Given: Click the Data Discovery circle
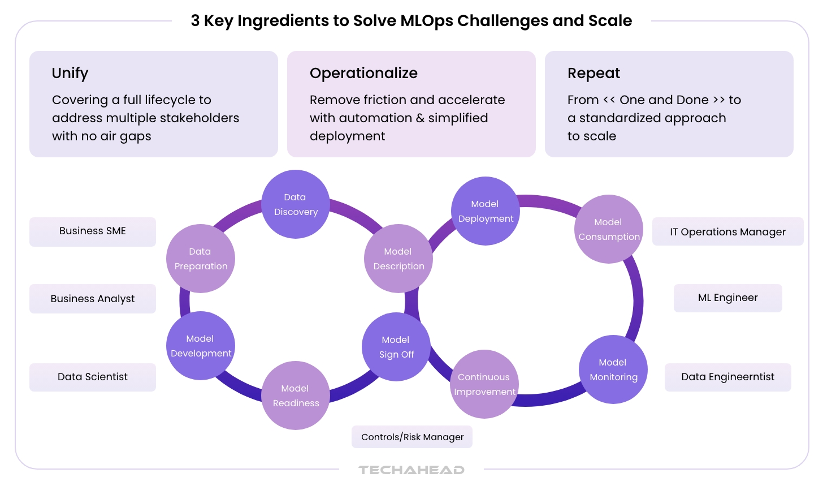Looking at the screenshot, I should click(295, 204).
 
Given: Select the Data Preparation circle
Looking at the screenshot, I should click(201, 259).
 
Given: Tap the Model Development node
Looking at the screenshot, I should click(201, 346).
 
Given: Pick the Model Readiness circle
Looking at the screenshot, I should click(296, 396).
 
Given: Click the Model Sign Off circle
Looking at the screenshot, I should click(396, 347).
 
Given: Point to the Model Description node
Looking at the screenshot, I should click(398, 259).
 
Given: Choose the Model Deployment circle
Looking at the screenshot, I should click(486, 211).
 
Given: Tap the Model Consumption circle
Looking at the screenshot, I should click(609, 229).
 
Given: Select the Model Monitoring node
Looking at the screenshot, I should click(613, 369).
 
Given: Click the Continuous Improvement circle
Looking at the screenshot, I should click(484, 384).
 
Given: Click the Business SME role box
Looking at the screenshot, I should click(93, 231).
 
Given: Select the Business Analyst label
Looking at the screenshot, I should click(93, 299).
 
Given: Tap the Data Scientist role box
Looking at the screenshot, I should click(93, 377).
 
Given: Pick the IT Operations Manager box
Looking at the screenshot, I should click(727, 232).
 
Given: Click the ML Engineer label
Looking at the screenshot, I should click(727, 298).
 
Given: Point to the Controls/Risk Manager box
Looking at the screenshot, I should click(412, 437).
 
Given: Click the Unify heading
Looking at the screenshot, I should click(70, 74).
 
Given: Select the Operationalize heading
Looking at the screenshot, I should click(363, 74).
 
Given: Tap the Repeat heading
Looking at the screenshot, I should click(594, 74).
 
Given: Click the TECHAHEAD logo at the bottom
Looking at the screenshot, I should click(411, 470).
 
